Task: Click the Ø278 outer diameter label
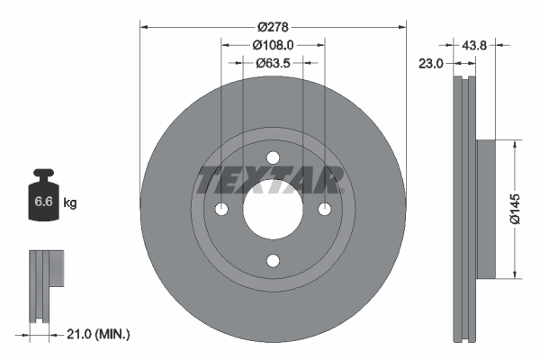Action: pos(272,28)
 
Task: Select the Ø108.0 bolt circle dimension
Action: pos(272,45)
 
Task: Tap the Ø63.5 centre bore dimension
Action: pos(272,63)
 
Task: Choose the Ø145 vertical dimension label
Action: pos(515,208)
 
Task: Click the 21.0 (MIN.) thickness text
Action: pos(99,334)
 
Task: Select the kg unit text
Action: pos(70,203)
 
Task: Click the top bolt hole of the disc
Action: pos(273,157)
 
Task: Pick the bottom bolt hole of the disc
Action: pos(273,262)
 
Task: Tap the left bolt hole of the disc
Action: pos(220,210)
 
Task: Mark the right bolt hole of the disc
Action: pos(325,210)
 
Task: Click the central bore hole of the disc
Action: pos(273,210)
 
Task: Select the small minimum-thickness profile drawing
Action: pos(44,283)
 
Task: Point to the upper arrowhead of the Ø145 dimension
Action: pos(514,143)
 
